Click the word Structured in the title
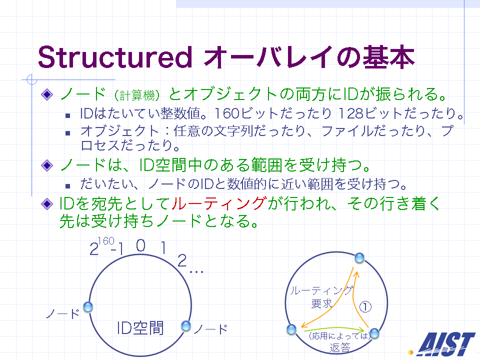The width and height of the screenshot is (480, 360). (x=115, y=57)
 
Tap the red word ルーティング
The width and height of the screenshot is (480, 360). (x=219, y=203)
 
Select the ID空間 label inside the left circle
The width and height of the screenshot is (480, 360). (x=140, y=328)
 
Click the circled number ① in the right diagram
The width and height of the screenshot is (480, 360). (x=365, y=306)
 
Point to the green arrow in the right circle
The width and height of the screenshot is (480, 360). (x=333, y=329)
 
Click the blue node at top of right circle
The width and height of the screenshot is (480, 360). (x=359, y=258)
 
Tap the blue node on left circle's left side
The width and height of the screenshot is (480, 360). (x=88, y=307)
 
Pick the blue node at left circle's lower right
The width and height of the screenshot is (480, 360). (x=186, y=326)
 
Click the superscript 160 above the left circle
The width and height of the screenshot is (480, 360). (x=106, y=241)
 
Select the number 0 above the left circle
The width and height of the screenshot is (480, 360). (x=140, y=245)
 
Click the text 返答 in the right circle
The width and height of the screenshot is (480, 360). (x=340, y=348)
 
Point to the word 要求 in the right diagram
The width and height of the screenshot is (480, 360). (x=321, y=303)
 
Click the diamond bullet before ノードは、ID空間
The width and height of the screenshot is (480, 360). (x=47, y=165)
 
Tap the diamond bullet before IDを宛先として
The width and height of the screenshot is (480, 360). (x=47, y=203)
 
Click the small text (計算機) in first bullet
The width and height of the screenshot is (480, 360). (x=137, y=95)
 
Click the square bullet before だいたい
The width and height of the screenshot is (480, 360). (x=67, y=185)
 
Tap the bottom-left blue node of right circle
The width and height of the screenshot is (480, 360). (x=291, y=329)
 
